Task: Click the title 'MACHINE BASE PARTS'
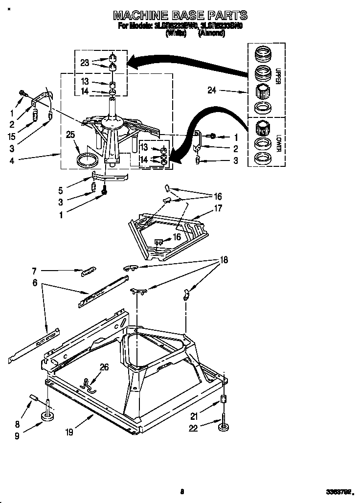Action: click(180, 15)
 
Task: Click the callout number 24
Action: click(211, 91)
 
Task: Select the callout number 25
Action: click(70, 135)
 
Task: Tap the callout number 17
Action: click(218, 208)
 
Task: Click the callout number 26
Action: click(104, 367)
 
